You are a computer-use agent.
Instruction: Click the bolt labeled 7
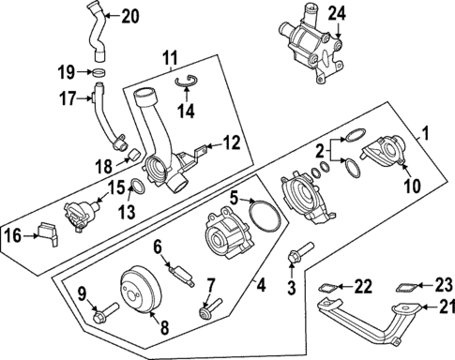pos(206,309)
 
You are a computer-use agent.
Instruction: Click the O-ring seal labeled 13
pos(135,187)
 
